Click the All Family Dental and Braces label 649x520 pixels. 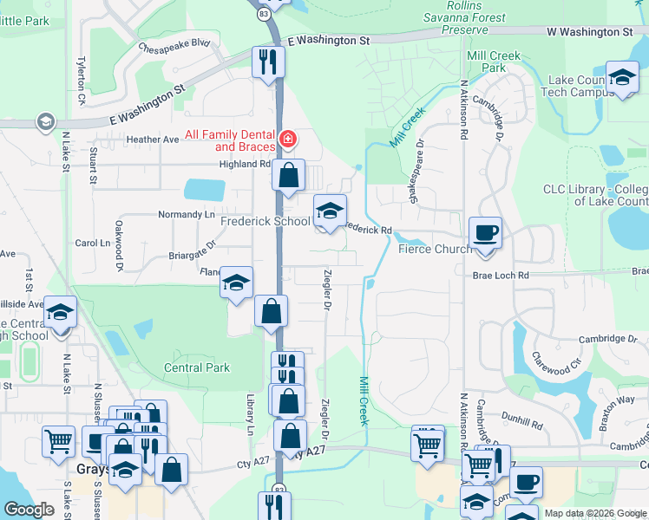click(x=230, y=140)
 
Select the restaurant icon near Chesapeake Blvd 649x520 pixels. click(x=267, y=61)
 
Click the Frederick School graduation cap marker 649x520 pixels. click(x=329, y=211)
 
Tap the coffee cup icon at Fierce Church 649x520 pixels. click(x=485, y=232)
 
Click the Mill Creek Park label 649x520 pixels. click(x=493, y=62)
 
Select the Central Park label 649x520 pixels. click(x=197, y=367)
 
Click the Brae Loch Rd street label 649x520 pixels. click(x=501, y=275)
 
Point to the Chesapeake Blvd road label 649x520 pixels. click(x=174, y=43)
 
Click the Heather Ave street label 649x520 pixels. click(x=152, y=140)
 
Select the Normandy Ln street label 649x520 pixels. click(x=186, y=214)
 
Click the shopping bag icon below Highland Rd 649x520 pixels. click(x=288, y=175)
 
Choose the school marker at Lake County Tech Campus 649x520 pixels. click(x=622, y=78)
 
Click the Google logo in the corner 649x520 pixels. click(x=29, y=510)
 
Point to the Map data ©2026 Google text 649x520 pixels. click(x=593, y=513)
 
